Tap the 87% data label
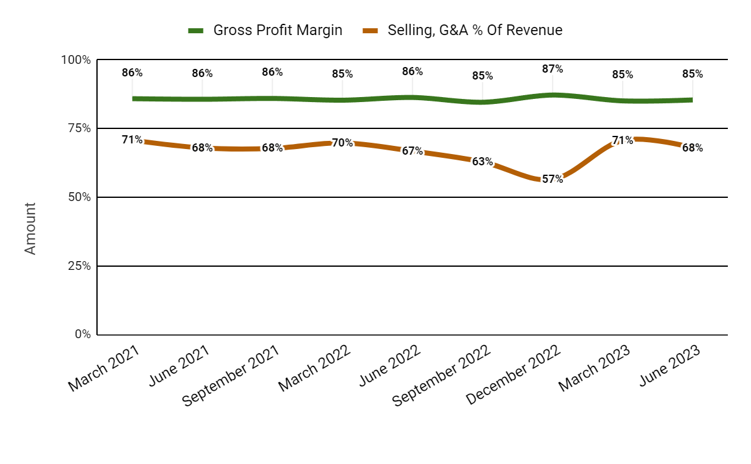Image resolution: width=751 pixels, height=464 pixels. (553, 69)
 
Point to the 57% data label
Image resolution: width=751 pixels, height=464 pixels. (553, 179)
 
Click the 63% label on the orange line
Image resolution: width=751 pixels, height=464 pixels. (483, 162)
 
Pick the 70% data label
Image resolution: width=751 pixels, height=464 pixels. (342, 143)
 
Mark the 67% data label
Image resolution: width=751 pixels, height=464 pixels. (412, 152)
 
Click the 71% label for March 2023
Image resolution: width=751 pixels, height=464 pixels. (623, 140)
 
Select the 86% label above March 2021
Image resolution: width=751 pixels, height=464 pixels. (132, 73)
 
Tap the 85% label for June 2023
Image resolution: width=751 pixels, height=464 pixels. (693, 74)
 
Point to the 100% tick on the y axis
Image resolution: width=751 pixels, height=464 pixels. (76, 60)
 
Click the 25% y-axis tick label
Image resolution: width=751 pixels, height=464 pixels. (79, 266)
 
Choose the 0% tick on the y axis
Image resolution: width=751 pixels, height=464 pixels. (83, 334)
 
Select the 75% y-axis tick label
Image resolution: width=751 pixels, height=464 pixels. (79, 128)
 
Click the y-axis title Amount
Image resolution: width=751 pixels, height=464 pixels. (30, 228)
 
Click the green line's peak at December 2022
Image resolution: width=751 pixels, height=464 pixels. (553, 95)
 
